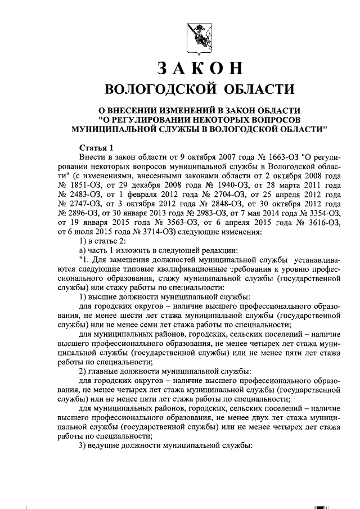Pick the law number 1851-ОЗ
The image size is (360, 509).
coord(81,184)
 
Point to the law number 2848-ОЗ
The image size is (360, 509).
coord(212,204)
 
